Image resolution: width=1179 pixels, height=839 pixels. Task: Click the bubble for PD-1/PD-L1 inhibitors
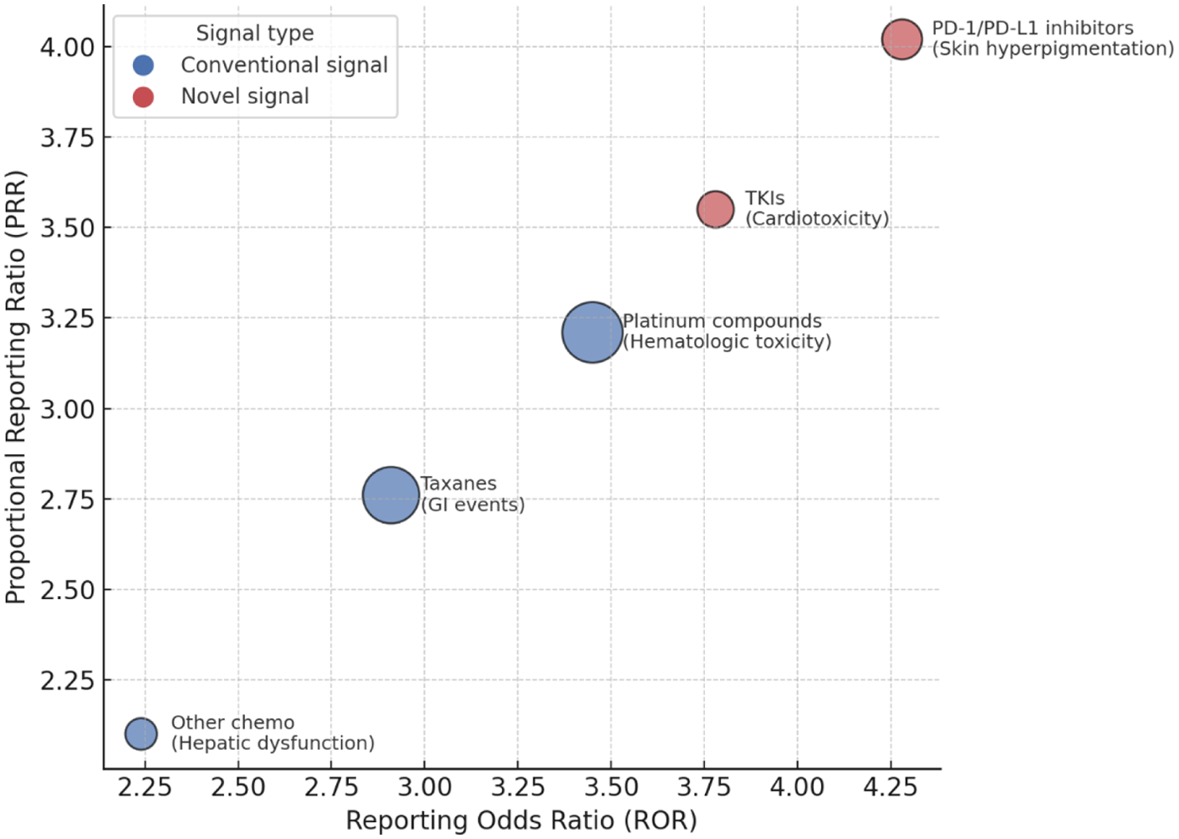tap(902, 40)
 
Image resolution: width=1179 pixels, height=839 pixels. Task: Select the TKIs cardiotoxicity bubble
tap(715, 210)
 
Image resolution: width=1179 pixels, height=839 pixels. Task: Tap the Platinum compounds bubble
tap(592, 332)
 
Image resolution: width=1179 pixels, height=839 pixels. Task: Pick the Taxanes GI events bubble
tap(391, 495)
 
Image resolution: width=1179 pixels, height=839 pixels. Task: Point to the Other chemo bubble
tap(141, 734)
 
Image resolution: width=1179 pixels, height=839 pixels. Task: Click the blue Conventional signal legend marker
tap(143, 65)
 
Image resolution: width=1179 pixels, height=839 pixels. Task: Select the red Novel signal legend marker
tap(143, 97)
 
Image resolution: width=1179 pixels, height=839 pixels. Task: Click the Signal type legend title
tap(254, 33)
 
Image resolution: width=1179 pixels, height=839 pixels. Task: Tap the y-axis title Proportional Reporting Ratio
tap(15, 387)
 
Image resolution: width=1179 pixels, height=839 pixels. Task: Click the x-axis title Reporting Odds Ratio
tap(521, 820)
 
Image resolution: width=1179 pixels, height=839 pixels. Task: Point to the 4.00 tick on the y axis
tap(67, 46)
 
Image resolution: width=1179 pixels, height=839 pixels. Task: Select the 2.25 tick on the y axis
tap(67, 680)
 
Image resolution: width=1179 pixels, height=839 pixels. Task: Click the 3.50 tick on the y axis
tap(67, 227)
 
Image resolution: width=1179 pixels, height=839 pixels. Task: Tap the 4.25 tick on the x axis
tap(890, 787)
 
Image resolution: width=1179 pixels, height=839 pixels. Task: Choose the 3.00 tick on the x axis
tap(424, 787)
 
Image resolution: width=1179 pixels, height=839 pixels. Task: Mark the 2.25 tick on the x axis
tap(145, 787)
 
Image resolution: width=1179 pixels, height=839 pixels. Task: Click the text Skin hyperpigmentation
tap(1053, 49)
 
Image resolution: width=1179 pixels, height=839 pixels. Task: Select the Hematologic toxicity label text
tap(727, 342)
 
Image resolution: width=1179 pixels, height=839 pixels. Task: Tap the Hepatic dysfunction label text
tap(273, 743)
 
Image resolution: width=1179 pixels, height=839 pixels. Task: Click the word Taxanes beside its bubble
tap(459, 484)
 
